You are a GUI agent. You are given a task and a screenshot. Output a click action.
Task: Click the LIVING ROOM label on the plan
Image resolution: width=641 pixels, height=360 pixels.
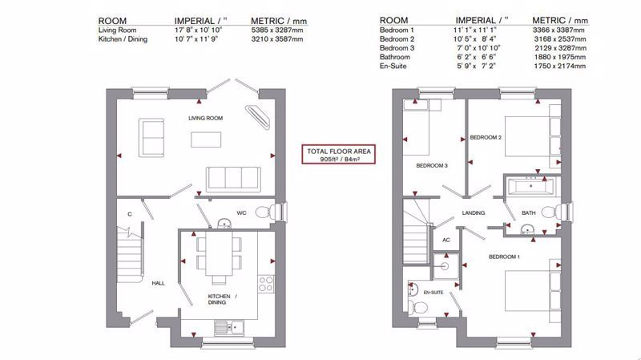pos(206,118)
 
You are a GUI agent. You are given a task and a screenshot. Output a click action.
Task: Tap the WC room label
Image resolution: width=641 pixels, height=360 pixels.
pos(241,212)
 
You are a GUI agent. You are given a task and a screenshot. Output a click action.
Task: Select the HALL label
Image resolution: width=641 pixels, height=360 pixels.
pos(158,283)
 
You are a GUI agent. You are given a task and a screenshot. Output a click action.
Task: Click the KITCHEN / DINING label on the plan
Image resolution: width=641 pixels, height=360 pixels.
pos(222,299)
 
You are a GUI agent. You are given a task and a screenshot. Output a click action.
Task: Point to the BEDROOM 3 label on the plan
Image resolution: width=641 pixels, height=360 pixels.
pos(432,166)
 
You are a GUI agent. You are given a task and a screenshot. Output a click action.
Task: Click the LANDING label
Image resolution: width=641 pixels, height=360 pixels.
pos(474,212)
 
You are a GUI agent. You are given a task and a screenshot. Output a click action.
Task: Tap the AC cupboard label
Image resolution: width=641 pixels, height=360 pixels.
pos(446,240)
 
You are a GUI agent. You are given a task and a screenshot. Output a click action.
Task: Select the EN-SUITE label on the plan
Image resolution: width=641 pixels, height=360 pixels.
pos(433,293)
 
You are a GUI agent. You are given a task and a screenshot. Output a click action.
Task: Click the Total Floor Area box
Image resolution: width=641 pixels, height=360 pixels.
pos(338,154)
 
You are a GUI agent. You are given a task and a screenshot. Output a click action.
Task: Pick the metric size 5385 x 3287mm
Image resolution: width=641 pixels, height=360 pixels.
pos(277,30)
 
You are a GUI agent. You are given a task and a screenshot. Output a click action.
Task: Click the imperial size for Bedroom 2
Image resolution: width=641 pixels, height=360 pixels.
pos(474,38)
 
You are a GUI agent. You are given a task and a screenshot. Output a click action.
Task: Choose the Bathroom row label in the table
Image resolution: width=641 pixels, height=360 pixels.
pos(394,57)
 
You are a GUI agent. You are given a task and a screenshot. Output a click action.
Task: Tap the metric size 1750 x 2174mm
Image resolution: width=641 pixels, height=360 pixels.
pos(559,66)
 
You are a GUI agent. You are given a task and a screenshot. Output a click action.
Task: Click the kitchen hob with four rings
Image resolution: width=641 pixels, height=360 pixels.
pos(266,284)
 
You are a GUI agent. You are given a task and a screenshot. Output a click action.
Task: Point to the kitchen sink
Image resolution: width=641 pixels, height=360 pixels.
pos(229,327)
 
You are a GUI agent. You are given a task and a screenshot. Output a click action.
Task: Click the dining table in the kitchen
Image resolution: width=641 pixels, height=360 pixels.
pos(220,253)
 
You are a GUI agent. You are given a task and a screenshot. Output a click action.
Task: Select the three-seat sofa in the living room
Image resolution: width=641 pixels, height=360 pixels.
pos(233,179)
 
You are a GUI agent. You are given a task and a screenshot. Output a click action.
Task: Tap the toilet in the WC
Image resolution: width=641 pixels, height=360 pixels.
pos(268,212)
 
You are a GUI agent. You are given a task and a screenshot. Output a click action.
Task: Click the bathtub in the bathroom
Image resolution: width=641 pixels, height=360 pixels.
pos(530,187)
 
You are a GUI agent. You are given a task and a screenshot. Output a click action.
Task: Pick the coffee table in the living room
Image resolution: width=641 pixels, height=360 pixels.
pos(206,140)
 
